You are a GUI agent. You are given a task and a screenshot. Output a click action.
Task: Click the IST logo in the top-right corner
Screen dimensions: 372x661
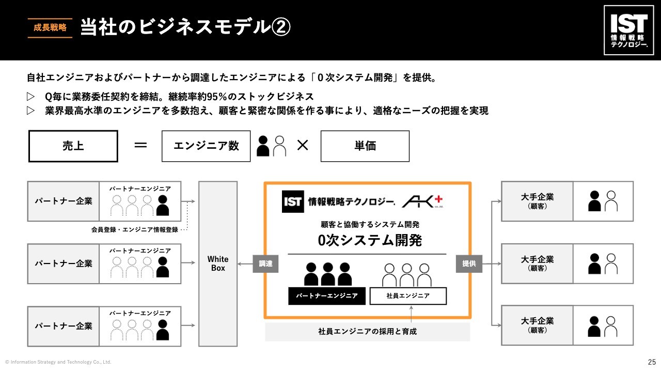(629, 30)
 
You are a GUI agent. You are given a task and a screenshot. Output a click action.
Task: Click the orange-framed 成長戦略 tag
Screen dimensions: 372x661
(50, 28)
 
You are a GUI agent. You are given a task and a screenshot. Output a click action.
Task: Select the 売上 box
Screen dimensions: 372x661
(73, 146)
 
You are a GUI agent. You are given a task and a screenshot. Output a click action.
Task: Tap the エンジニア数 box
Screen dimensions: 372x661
(206, 146)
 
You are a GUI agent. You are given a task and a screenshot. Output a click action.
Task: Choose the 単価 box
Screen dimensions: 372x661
(365, 146)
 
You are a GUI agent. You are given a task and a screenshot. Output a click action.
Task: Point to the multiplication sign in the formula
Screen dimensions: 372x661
(303, 146)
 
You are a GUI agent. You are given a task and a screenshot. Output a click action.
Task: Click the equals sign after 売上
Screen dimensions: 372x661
(140, 146)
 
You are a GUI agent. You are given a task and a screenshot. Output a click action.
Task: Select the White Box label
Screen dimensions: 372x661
(218, 263)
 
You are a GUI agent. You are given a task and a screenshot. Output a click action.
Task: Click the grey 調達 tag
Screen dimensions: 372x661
(265, 264)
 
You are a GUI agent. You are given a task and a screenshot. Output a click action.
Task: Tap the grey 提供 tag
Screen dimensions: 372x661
(469, 264)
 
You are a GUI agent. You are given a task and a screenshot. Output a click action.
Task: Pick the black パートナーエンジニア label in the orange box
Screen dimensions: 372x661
(327, 296)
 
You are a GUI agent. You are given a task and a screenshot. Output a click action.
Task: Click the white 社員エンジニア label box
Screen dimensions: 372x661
(408, 296)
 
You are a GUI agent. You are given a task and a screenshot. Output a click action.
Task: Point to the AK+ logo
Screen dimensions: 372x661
(423, 202)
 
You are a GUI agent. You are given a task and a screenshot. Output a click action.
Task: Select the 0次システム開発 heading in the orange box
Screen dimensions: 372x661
(370, 240)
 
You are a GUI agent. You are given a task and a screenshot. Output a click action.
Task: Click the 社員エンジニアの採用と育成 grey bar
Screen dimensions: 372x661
(367, 332)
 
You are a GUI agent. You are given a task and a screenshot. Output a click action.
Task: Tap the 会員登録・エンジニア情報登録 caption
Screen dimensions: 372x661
(134, 229)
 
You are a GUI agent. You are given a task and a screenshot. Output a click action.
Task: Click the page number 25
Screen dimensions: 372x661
(652, 362)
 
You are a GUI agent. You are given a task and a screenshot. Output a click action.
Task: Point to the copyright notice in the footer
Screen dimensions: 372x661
(58, 362)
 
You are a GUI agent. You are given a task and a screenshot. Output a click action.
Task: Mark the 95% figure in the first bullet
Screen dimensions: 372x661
(217, 97)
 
